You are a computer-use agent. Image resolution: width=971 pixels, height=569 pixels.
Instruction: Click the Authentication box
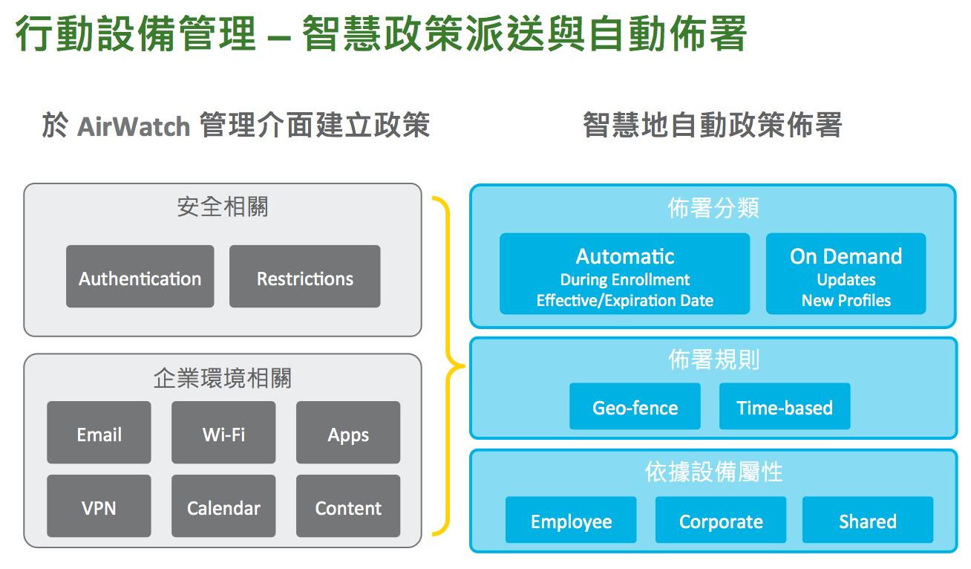point(140,276)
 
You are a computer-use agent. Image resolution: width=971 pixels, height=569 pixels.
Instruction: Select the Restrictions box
point(305,276)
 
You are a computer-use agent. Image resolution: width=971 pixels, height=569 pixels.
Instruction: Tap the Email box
point(99,432)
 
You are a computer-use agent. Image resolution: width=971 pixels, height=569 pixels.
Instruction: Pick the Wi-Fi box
point(223,432)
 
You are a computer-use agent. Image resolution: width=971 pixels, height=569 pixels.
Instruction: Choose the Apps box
point(348,432)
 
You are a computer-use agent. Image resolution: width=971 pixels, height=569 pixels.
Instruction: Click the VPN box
point(99,506)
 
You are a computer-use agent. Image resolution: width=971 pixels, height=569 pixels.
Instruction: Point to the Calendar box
point(223,506)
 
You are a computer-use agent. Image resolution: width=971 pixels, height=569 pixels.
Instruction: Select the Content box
point(348,506)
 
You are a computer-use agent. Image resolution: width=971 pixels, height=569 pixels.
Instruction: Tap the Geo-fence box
point(635,406)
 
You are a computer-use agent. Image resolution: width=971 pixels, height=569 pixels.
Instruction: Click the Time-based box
point(785,406)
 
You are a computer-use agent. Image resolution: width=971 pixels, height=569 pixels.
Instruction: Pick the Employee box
point(571,520)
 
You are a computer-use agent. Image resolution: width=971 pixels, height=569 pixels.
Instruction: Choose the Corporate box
point(720,520)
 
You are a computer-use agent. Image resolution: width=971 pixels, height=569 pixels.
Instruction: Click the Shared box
point(867,520)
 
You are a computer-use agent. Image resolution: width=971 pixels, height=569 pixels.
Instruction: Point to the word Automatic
point(624,256)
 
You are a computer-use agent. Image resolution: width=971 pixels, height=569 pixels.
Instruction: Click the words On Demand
point(846,256)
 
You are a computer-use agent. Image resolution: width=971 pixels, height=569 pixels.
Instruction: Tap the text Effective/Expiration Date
point(624,301)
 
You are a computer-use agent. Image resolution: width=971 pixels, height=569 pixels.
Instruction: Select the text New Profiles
point(846,301)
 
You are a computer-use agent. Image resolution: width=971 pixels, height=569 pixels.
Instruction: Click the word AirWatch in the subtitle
point(134,126)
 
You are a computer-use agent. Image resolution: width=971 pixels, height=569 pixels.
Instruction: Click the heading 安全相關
point(223,207)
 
